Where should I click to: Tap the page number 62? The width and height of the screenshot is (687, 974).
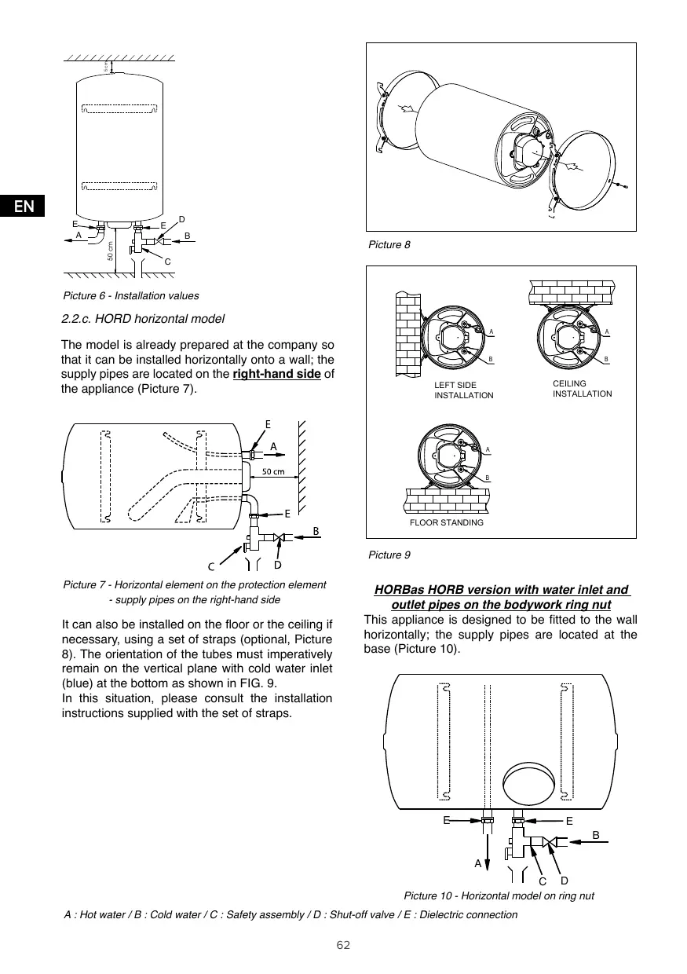click(x=343, y=944)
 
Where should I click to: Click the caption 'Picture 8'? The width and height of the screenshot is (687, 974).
click(x=389, y=245)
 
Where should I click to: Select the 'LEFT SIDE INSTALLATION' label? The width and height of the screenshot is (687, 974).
click(x=463, y=390)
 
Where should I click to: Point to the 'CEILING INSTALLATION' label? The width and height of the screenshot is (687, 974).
click(x=582, y=388)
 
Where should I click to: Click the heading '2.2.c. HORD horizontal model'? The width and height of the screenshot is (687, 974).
click(x=143, y=319)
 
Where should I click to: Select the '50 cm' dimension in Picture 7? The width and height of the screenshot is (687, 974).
click(x=272, y=472)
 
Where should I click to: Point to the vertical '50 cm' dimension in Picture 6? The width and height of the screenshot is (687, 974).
click(x=110, y=251)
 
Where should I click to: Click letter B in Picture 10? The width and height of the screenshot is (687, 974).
click(x=595, y=835)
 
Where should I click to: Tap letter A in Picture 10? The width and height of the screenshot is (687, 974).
click(x=477, y=862)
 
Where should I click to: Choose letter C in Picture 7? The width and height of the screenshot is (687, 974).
click(x=211, y=566)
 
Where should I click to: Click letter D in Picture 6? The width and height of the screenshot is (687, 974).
click(x=181, y=218)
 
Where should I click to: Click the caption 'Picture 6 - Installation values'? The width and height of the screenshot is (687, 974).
click(x=131, y=296)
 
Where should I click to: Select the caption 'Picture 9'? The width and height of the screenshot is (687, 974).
click(x=389, y=555)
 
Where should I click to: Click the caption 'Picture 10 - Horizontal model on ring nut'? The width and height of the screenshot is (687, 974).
click(x=499, y=895)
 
